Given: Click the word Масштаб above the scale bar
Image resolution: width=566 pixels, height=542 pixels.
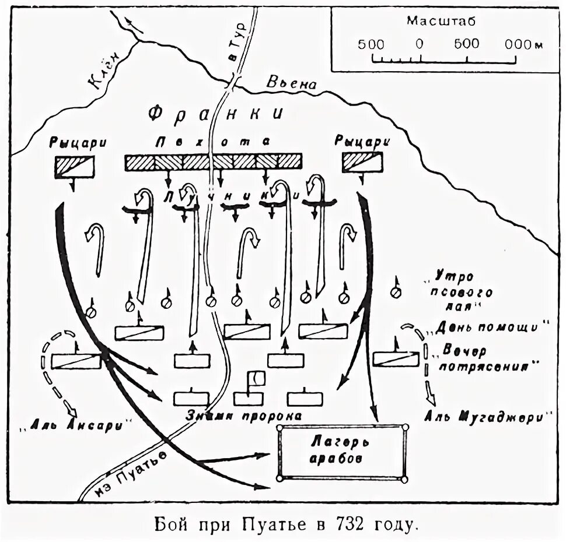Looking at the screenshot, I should tap(441, 22).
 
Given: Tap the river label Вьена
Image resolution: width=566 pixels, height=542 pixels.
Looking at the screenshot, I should tap(291, 83).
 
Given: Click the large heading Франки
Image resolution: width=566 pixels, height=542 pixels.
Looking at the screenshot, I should tap(215, 113).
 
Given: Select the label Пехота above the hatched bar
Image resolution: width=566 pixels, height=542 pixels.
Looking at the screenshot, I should tap(214, 142).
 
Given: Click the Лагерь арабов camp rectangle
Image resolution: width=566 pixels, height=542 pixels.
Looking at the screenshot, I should tap(341, 452).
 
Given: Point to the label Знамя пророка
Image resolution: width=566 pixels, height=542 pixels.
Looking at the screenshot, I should tap(244, 416).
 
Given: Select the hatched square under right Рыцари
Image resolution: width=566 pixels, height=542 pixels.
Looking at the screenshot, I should tap(362, 163).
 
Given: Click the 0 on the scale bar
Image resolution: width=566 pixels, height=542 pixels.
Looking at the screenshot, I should tap(419, 44).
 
